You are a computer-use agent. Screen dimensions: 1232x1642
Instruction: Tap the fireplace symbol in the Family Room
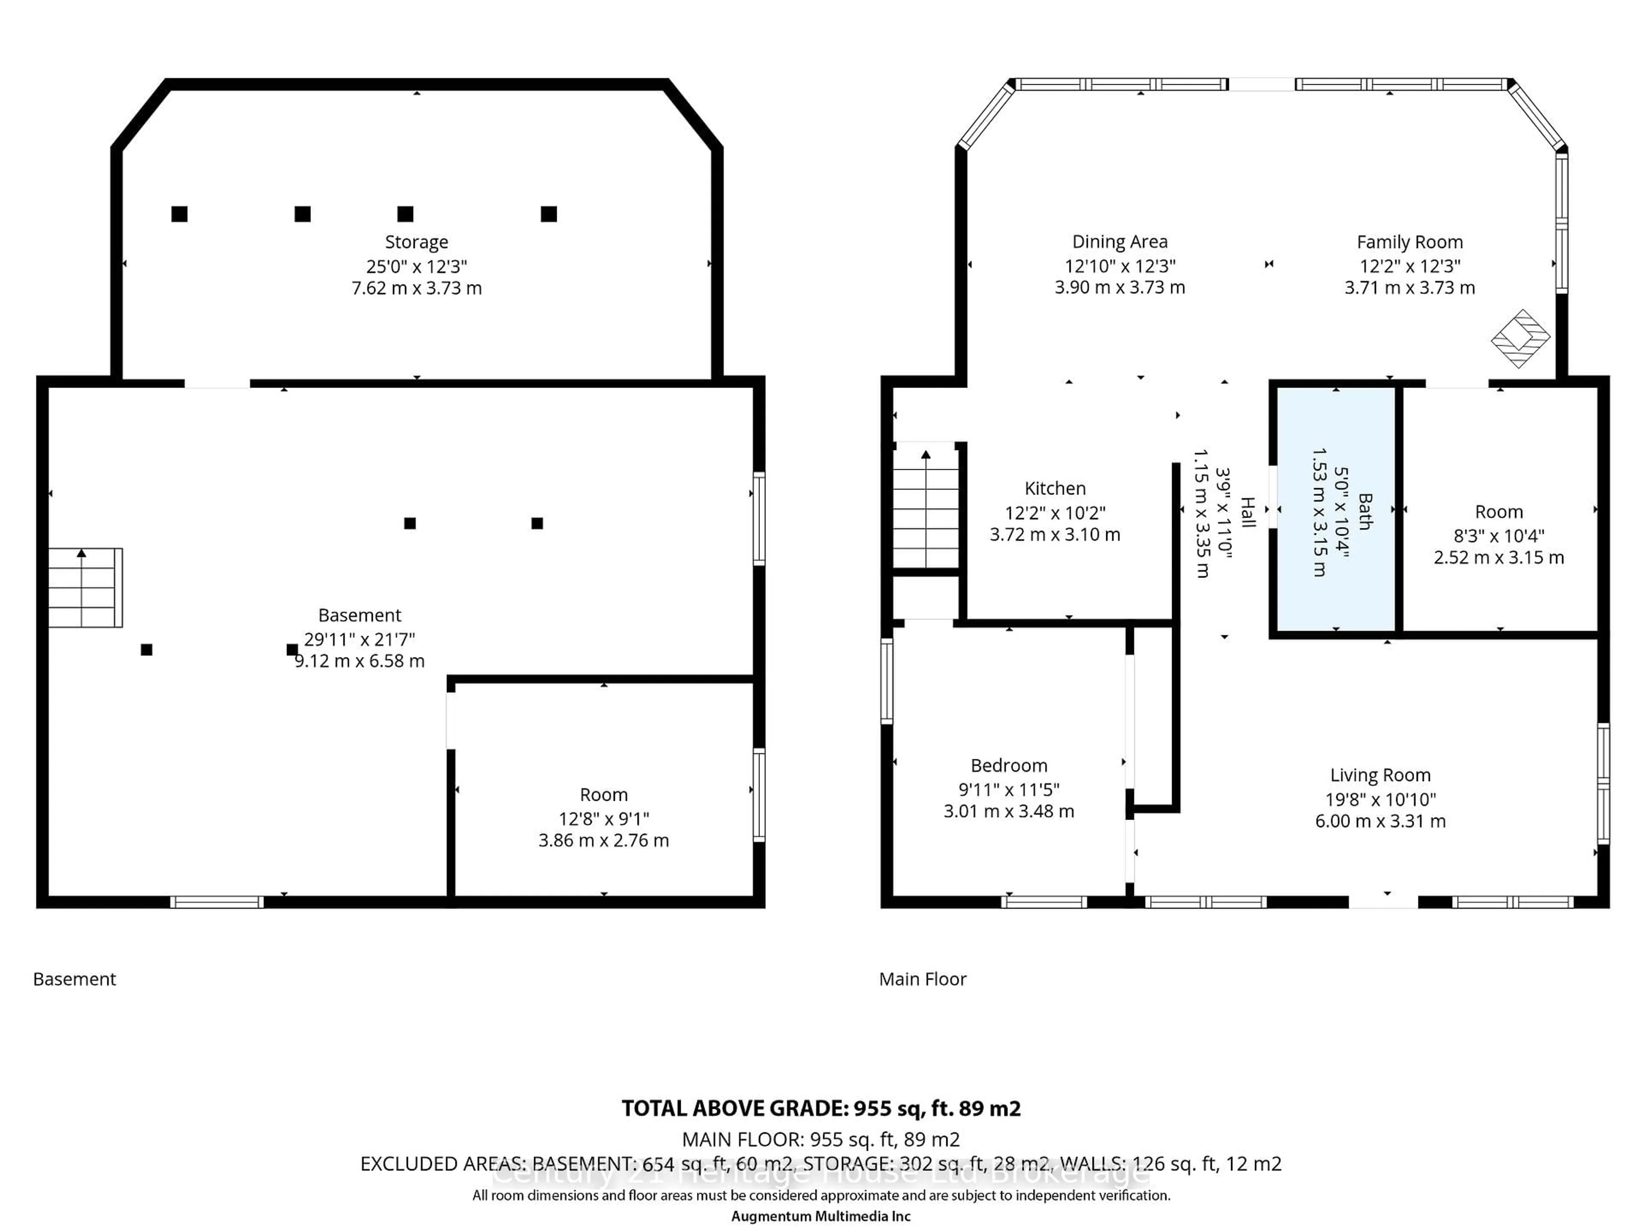[1520, 339]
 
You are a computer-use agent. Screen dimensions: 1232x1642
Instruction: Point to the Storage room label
[416, 242]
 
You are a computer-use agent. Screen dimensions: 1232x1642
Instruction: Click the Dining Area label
[1119, 242]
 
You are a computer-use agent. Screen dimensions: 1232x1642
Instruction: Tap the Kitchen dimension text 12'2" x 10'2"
[1055, 512]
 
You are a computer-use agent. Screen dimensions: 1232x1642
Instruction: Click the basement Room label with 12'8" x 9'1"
[603, 795]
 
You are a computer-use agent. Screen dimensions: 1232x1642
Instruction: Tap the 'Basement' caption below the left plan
[74, 979]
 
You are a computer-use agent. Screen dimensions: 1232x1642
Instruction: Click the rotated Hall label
[1248, 512]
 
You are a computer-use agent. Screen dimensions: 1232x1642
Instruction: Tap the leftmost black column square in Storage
[179, 214]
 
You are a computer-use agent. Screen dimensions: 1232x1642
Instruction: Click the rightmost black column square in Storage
[549, 214]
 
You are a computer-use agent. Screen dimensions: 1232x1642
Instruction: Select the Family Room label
[1409, 242]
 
